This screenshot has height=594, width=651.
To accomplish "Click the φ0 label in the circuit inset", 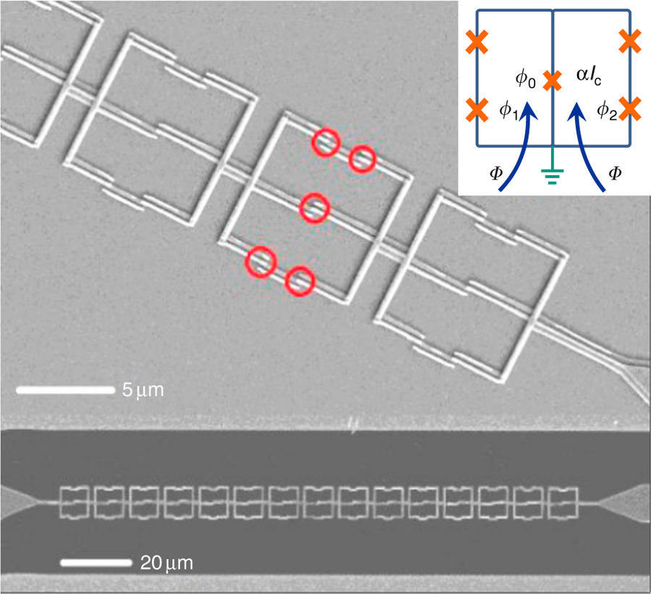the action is pos(525,80).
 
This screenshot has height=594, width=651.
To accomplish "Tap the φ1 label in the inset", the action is pos(509,111).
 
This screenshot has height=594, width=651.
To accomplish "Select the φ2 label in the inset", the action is pos(607,111).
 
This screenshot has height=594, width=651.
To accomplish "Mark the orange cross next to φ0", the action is pos(552,80).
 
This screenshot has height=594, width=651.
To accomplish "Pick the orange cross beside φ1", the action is pos(477,110).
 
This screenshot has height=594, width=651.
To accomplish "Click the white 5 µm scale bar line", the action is pos(65,390).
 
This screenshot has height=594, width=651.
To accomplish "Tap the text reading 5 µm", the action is pos(142,390).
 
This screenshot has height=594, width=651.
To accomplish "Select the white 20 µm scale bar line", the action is pos(96,563).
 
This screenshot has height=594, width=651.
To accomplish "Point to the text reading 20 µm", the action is pos(166,564).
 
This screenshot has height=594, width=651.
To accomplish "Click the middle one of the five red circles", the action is pos(315,208).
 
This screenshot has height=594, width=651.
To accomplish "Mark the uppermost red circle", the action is pos(326,142).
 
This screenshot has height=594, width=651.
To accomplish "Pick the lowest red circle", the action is pos(299,281).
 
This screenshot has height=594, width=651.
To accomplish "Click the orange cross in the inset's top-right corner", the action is pos(630,41).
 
